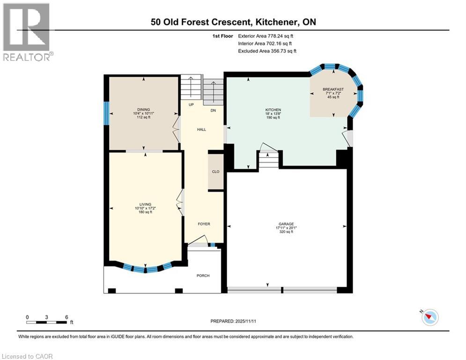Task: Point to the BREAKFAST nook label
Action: [333, 90]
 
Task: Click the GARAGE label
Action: [286, 224]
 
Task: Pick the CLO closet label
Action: [215, 172]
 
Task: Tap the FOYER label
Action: [204, 224]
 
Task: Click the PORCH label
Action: [203, 275]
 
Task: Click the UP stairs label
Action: [191, 105]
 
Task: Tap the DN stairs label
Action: [213, 111]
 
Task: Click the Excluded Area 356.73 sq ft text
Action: [267, 51]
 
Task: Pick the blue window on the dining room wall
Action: [107, 113]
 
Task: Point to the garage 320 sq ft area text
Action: [286, 232]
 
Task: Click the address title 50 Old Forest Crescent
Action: [233, 22]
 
